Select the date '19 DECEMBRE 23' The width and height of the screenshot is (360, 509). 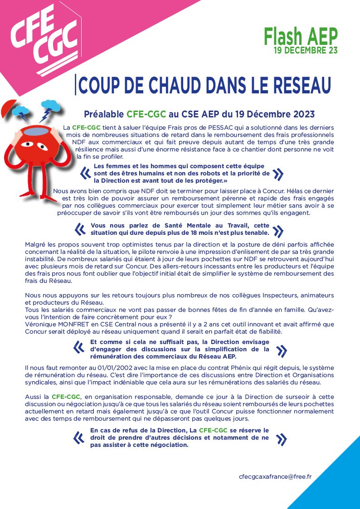pyautogui.click(x=305, y=50)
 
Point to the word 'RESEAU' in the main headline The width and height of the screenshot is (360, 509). pyautogui.click(x=297, y=85)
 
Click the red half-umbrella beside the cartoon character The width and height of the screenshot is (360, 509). pyautogui.click(x=9, y=108)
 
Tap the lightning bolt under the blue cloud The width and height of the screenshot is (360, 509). pyautogui.click(x=46, y=116)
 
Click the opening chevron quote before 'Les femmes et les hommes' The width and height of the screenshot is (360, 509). pyautogui.click(x=84, y=173)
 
